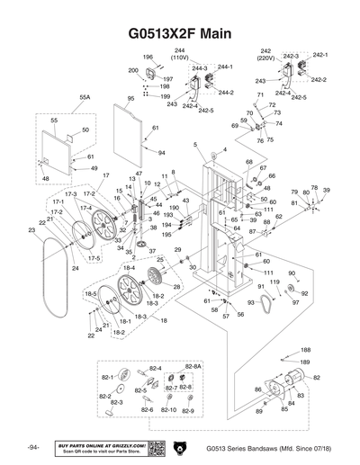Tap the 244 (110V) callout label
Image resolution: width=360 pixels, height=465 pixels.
[180, 53]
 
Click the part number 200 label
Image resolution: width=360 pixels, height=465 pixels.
[132, 69]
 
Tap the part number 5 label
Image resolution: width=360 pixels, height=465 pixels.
[194, 144]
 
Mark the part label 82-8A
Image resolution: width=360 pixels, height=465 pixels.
[193, 368]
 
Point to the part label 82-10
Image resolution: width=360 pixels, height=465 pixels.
[168, 410]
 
